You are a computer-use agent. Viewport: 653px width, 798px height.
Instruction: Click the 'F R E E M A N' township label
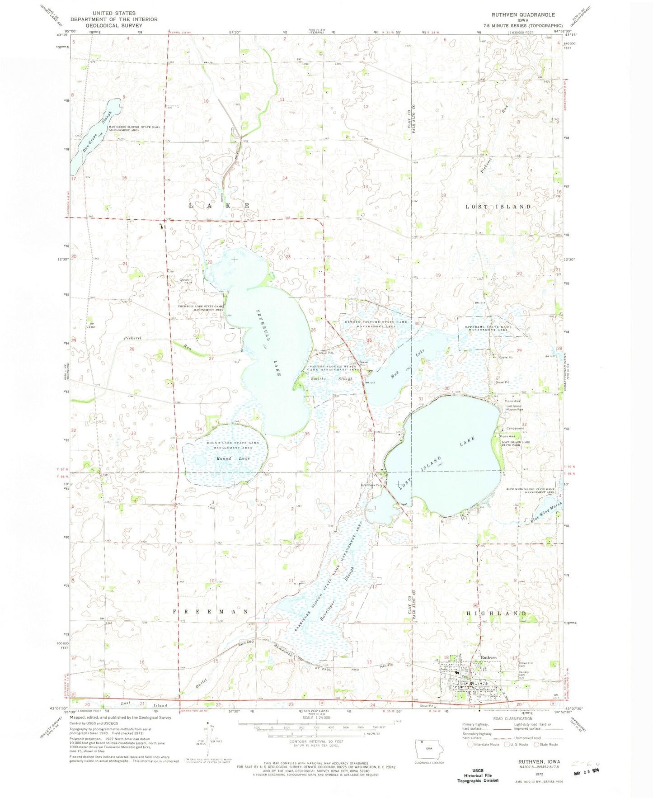(211, 611)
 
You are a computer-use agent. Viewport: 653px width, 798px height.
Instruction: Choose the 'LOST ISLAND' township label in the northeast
(498, 207)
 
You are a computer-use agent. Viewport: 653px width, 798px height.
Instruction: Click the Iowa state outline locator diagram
(429, 749)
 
